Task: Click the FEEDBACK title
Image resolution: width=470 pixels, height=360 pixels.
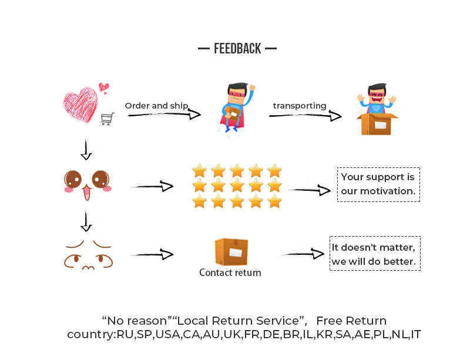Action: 237,49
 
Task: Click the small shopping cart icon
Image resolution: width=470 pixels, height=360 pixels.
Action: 108,119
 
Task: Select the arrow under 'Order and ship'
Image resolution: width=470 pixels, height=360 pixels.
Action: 164,115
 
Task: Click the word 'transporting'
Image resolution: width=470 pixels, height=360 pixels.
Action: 300,106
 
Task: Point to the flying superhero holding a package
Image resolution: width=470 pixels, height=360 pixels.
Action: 237,107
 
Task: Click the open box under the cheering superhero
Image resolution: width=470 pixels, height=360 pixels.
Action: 377,124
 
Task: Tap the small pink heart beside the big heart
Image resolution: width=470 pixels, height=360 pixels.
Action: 104,88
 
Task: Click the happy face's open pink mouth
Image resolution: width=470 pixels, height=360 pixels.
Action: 86,192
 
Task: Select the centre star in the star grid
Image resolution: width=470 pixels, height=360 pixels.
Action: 237,186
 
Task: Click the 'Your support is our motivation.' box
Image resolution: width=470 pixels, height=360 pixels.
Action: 378,184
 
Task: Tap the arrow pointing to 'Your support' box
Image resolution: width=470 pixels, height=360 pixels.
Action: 309,190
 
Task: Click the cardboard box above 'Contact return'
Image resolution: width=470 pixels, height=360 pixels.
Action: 231,252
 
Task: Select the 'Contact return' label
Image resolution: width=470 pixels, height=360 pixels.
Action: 230,272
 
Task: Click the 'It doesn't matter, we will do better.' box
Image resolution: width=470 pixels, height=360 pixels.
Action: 375,254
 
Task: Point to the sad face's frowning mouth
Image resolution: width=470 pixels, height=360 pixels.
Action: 88,267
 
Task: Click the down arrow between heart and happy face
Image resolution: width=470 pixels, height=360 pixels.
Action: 86,149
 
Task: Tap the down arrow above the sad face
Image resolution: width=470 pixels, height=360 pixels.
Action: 86,222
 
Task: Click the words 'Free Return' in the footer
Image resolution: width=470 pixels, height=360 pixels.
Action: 351,321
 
